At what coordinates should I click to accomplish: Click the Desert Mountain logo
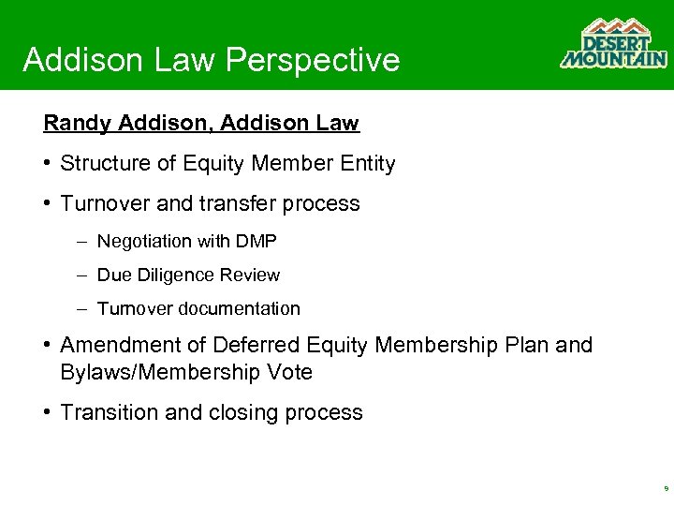tap(613, 44)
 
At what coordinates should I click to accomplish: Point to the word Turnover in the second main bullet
tap(102, 203)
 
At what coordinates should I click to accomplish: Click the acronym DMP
tap(257, 242)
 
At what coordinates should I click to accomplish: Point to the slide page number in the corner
tap(665, 488)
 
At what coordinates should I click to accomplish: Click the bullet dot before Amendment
tap(48, 346)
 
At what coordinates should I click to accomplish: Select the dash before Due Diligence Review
tap(82, 275)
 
